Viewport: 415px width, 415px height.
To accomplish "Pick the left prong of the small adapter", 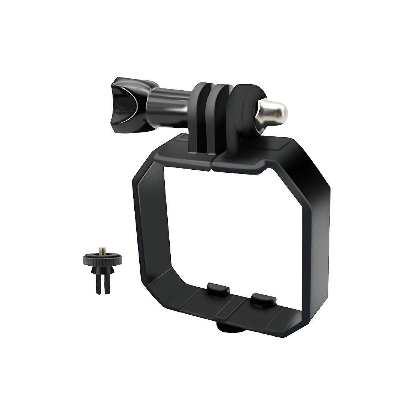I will pos(99,284).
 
